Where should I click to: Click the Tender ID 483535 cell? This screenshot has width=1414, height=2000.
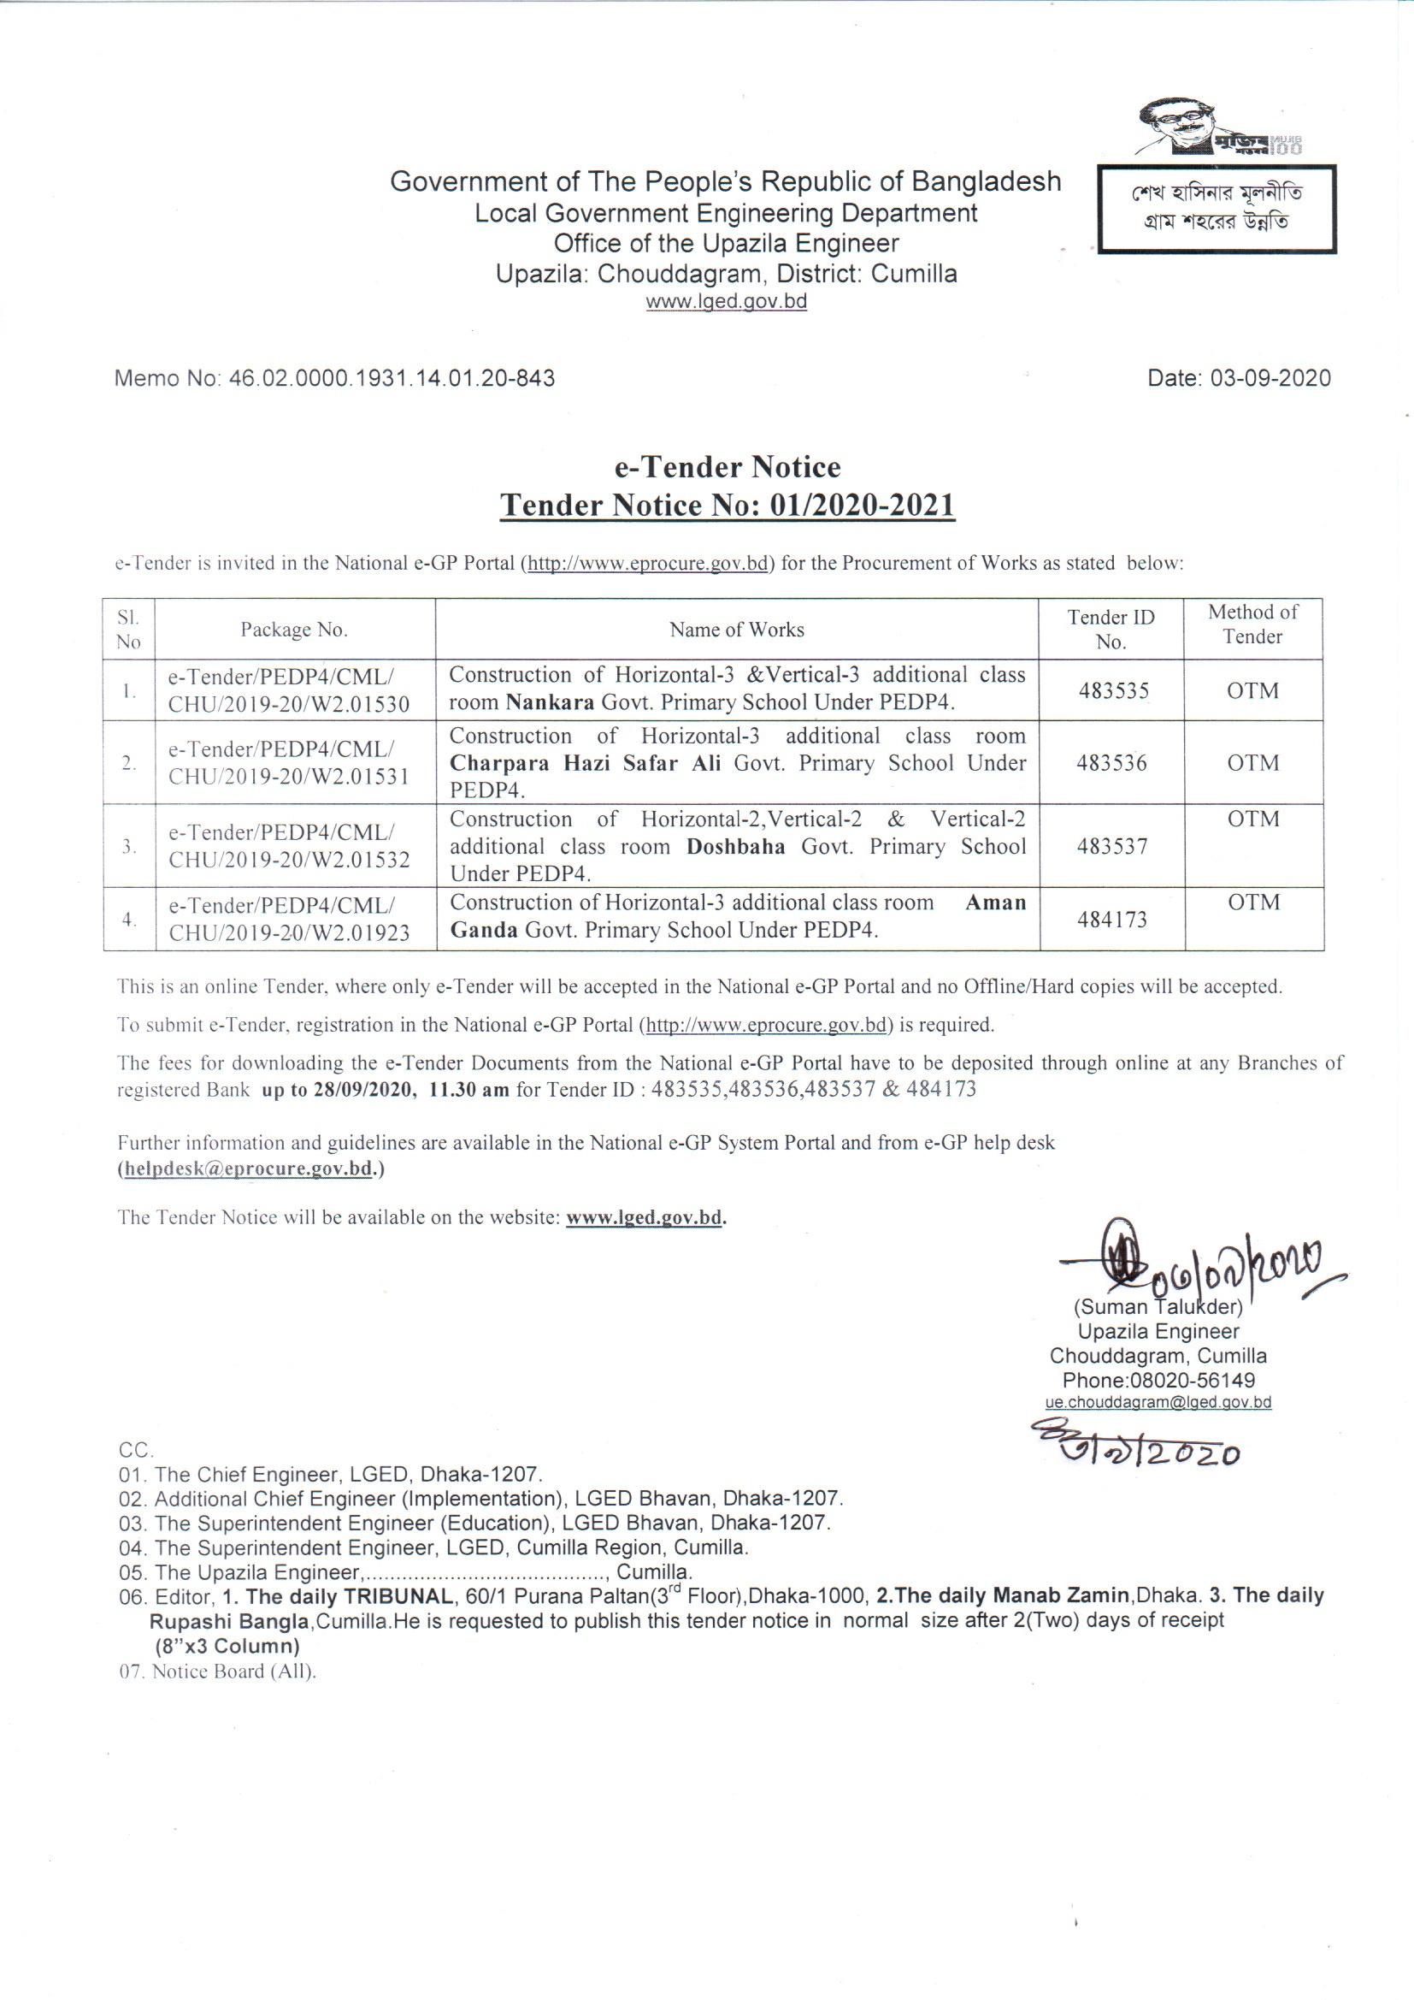coord(1113,691)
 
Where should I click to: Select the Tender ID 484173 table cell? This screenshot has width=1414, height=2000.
coord(1113,919)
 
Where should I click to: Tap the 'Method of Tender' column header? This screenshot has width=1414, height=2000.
coord(1252,624)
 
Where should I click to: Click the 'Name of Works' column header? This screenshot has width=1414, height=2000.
coord(737,630)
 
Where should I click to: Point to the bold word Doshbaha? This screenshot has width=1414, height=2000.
coord(736,847)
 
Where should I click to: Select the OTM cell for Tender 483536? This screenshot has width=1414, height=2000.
coord(1253,763)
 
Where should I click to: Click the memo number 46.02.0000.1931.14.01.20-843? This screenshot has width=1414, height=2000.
coord(391,378)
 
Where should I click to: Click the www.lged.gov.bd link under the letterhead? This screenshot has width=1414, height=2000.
coord(725,302)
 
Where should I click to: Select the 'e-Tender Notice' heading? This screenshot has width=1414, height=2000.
coord(728,467)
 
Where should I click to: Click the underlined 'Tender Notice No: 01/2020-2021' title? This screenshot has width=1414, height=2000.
coord(728,506)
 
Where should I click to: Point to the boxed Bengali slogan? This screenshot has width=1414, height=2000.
coord(1217,208)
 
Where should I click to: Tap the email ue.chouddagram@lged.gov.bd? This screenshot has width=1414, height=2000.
coord(1158,1403)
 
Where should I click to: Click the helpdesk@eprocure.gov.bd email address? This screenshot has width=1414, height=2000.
coord(249,1169)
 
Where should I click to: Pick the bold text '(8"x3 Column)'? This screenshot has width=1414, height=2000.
coord(226,1647)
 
